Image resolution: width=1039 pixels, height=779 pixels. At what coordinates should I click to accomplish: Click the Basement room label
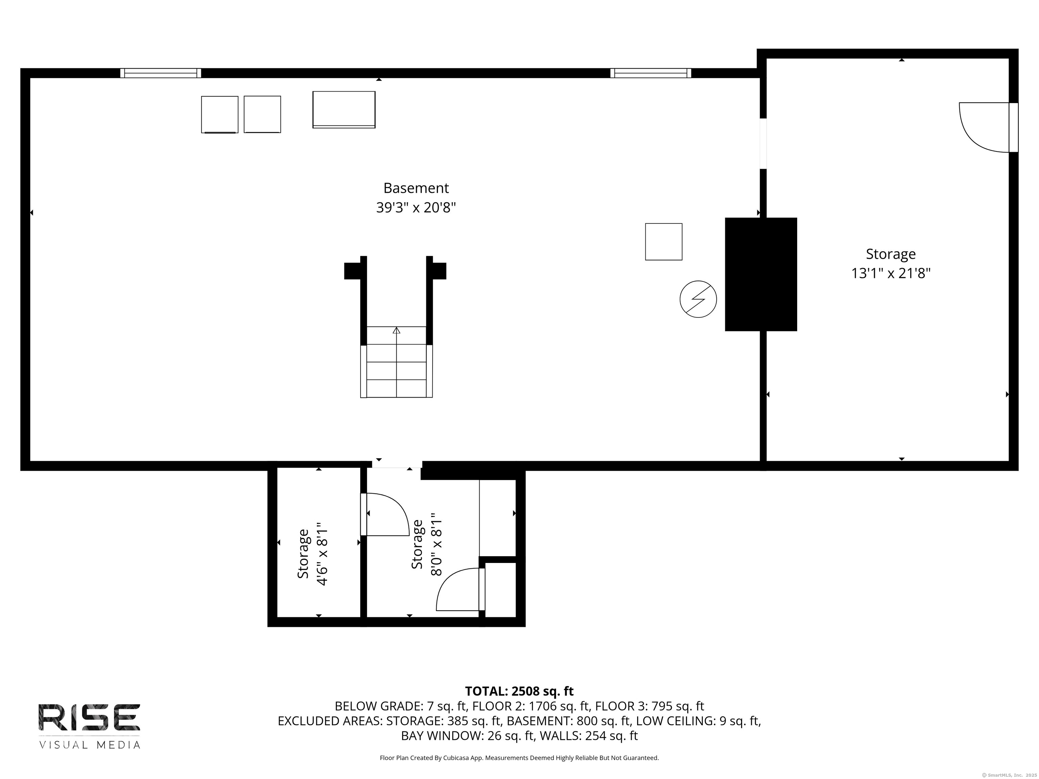pyautogui.click(x=416, y=188)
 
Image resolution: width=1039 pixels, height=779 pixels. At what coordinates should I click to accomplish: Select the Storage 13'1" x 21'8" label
pyautogui.click(x=891, y=263)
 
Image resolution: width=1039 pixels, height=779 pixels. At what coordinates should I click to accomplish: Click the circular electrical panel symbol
pyautogui.click(x=698, y=299)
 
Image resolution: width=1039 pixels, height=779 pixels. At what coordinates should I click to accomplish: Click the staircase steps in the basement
pyautogui.click(x=396, y=371)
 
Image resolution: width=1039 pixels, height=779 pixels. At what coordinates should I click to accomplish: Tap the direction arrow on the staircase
pyautogui.click(x=396, y=331)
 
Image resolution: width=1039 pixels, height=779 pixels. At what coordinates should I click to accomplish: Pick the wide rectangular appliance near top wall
pyautogui.click(x=344, y=110)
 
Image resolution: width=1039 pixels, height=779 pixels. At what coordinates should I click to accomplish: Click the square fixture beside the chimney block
pyautogui.click(x=663, y=242)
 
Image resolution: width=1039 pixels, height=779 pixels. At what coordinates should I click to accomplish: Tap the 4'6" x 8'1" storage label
pyautogui.click(x=313, y=554)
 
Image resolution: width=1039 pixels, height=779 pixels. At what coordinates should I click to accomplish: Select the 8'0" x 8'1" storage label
pyautogui.click(x=426, y=545)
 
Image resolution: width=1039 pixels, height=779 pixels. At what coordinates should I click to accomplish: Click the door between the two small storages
pyautogui.click(x=385, y=514)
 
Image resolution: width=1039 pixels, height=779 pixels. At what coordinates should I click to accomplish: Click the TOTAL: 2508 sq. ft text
pyautogui.click(x=519, y=691)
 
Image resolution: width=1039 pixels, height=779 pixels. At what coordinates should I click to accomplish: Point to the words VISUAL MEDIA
pyautogui.click(x=89, y=745)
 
